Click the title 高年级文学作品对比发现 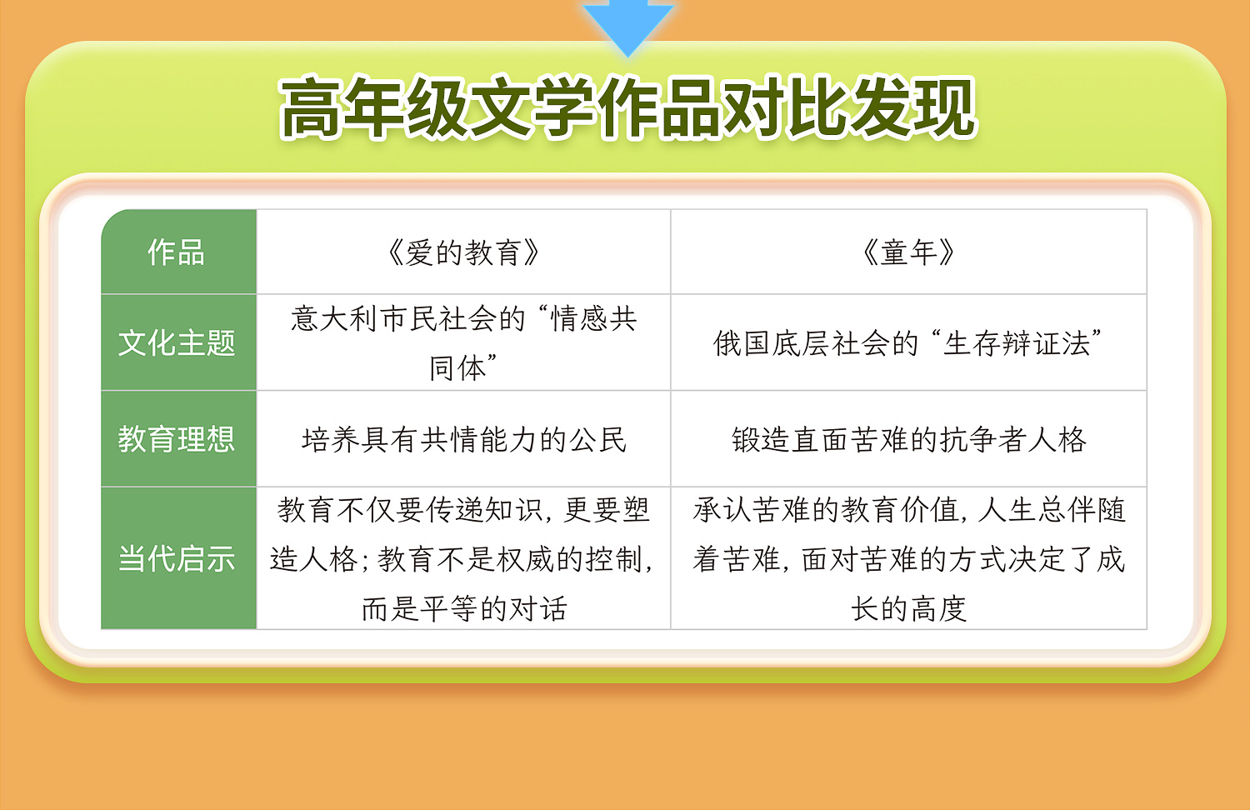click(x=627, y=107)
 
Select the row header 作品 click(x=176, y=252)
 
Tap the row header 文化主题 click(x=177, y=342)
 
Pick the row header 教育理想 click(x=177, y=439)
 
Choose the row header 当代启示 click(x=177, y=558)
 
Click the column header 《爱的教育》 click(x=463, y=252)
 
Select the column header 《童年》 click(x=908, y=252)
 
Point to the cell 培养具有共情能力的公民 click(x=463, y=440)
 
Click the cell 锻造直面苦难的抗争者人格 click(x=909, y=440)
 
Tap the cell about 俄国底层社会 click(x=908, y=343)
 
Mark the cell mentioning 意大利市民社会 click(x=463, y=342)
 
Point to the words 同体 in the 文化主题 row click(x=457, y=368)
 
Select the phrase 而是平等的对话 click(x=463, y=608)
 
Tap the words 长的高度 click(x=908, y=608)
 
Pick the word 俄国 click(x=742, y=343)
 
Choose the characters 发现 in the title click(x=913, y=107)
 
